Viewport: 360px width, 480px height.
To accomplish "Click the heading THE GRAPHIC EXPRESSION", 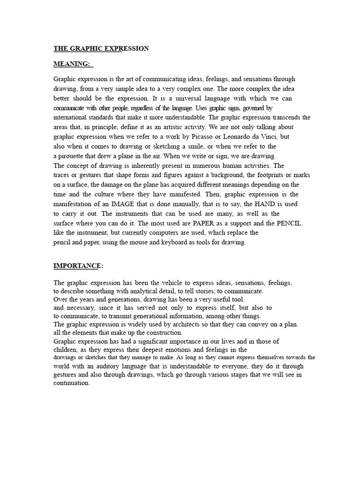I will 101,48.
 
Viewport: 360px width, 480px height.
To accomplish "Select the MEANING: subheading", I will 73,64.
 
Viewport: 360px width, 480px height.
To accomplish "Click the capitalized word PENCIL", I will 290,223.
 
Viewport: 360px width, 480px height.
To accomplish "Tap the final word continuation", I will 71,383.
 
